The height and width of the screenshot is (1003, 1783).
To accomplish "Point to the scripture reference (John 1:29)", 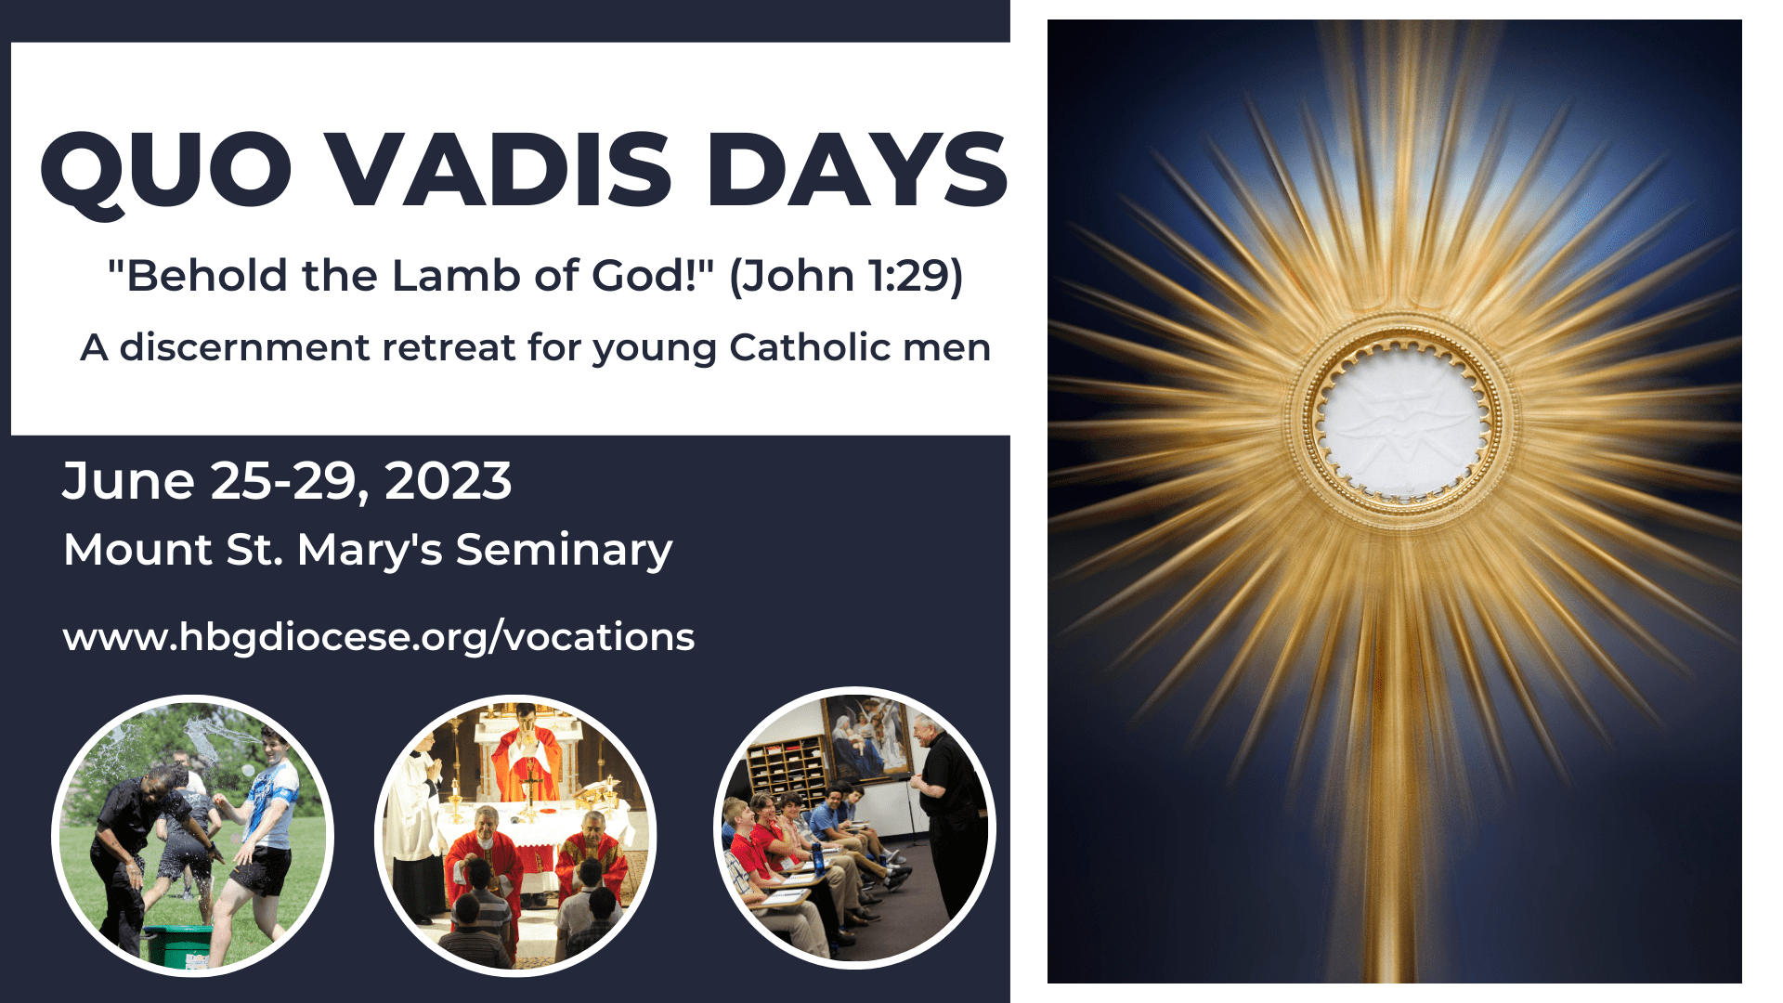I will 846,276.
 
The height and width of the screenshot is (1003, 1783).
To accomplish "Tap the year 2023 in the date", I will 448,481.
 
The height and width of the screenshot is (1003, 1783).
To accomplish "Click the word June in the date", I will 128,481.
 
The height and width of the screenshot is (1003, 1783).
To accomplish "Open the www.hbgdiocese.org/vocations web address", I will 379,637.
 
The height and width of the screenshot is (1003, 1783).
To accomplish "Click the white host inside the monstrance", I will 1401,423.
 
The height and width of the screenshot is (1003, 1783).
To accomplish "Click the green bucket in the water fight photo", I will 177,944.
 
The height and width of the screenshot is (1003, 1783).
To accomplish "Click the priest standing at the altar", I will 526,757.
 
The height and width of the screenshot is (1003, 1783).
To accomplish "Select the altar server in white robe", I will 414,817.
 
